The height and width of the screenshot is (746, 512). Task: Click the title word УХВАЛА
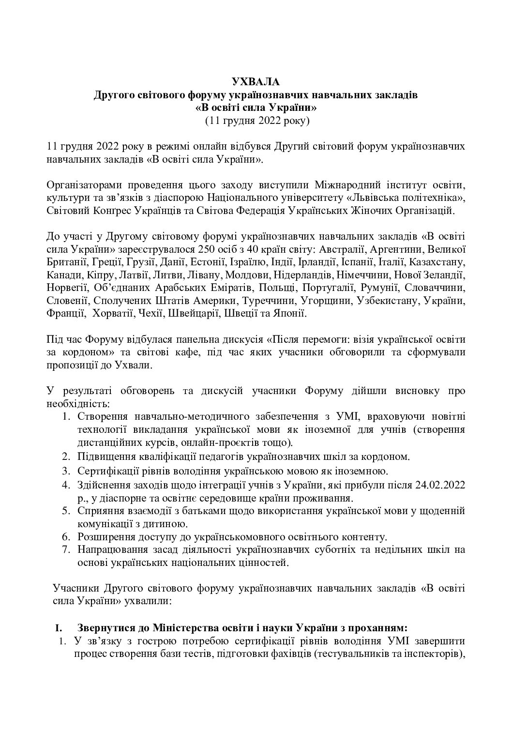pos(256,82)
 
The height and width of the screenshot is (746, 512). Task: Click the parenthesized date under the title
pos(256,121)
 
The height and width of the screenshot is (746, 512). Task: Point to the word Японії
pos(289,313)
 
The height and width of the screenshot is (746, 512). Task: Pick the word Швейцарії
pos(193,313)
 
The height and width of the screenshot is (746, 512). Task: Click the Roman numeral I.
pos(59,628)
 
